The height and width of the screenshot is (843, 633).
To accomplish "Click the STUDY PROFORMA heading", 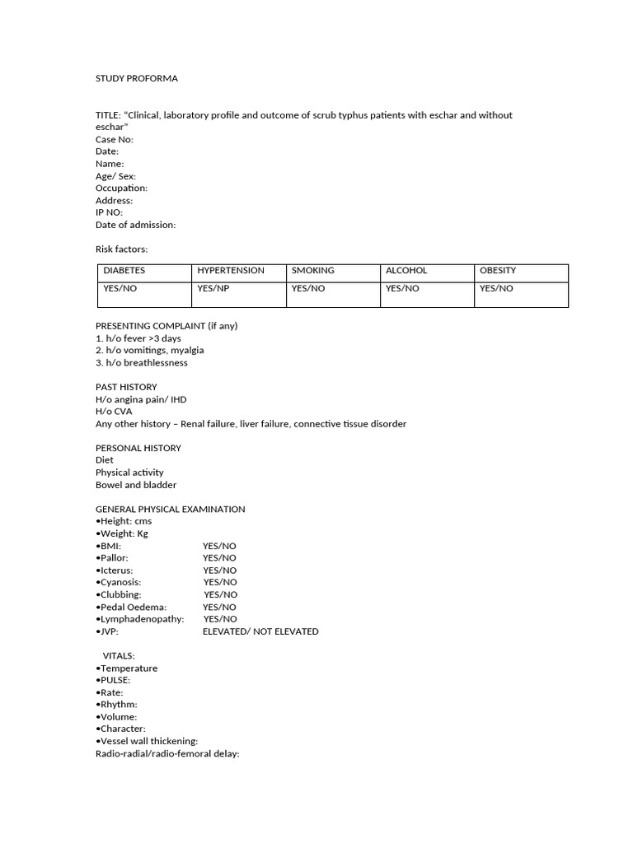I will pos(137,78).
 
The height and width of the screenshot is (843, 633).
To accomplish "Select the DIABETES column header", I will pos(124,270).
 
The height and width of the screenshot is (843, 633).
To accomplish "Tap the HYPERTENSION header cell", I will pos(231,270).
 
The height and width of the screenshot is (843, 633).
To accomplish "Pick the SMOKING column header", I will pos(313,270).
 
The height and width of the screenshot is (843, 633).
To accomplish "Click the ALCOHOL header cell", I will pos(406,270).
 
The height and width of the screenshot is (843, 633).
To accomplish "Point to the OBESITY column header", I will pos(498,270).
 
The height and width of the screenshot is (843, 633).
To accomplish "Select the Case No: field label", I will pos(115,139).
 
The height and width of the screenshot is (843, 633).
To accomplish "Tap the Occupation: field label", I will pos(121,188).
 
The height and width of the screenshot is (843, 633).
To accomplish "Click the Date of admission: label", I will pos(135,225).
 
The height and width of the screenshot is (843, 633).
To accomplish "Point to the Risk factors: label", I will pos(121,249).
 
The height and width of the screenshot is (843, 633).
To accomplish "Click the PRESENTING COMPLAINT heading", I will pos(166,325).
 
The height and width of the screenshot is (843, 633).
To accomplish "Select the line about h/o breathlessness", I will pos(142,362).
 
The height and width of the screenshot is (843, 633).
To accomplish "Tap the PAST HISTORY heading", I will pos(126,387).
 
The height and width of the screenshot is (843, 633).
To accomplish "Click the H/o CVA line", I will pos(114,412).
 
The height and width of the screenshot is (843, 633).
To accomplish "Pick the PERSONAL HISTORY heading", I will pos(138,448).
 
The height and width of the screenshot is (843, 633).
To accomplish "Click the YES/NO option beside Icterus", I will pos(219,570).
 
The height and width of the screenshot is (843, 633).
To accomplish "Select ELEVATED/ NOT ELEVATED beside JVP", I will pos(260,631).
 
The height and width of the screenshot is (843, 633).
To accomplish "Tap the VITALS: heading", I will pos(119,655).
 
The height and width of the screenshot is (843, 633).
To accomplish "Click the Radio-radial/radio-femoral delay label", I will pos(167,753).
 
